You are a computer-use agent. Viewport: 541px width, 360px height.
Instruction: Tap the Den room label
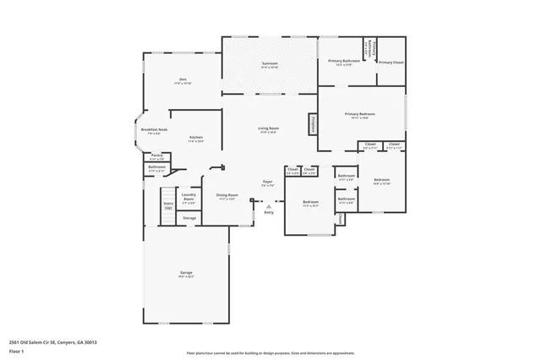tap(183, 82)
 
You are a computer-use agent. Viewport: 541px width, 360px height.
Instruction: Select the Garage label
tap(186, 273)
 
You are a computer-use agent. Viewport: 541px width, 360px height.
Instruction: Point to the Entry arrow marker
tap(269, 205)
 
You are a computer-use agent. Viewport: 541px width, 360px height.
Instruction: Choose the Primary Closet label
tap(390, 63)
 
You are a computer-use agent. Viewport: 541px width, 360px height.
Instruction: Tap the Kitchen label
tap(195, 139)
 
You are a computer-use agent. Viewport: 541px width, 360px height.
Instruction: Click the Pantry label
tap(156, 156)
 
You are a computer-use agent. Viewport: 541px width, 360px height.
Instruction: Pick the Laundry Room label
tap(189, 199)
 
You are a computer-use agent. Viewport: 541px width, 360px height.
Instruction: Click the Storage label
tap(189, 218)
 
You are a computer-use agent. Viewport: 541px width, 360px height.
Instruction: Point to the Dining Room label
tap(227, 196)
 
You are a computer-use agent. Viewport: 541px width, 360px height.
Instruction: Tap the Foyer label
tap(267, 183)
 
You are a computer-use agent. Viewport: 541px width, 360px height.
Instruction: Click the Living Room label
tap(269, 129)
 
